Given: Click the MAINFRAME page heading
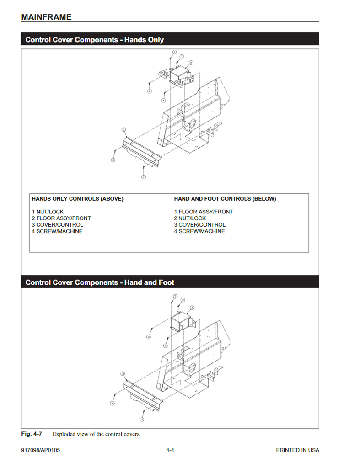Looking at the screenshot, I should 46,17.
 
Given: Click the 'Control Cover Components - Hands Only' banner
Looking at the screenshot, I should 95,40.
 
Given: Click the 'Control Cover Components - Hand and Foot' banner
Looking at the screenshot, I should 100,282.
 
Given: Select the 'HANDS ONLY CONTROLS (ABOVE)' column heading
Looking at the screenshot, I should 77,199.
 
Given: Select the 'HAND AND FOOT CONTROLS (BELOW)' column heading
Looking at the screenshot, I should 225,199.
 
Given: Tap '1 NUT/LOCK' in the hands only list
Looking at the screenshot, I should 48,212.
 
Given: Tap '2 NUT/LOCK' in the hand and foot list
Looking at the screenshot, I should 190,218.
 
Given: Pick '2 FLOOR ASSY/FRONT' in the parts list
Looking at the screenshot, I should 61,218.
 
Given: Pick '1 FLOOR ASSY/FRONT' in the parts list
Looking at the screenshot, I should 203,212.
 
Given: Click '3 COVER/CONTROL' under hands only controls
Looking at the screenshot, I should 57,224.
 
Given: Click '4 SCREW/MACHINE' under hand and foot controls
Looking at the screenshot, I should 199,231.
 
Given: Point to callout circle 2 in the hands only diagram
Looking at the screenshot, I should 191,63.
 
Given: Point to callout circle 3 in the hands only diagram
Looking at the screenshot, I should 124,130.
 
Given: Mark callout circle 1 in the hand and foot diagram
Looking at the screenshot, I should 192,308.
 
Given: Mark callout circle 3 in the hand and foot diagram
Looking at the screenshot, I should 123,373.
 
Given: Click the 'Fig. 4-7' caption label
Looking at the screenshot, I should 31,434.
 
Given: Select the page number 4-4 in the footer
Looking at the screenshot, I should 170,450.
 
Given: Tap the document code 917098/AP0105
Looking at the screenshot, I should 40,450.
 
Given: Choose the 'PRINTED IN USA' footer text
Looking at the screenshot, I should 297,450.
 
